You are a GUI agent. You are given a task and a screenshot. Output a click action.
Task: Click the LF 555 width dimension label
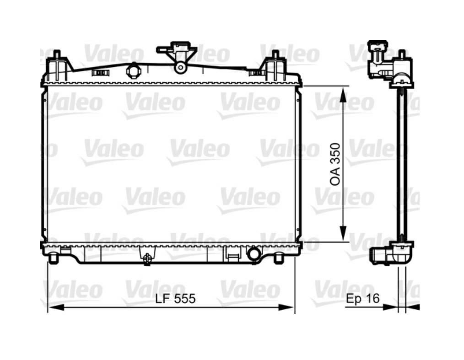click(175, 298)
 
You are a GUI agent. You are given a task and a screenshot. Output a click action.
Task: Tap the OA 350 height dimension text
click(335, 165)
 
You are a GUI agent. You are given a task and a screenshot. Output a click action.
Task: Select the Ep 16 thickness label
click(362, 298)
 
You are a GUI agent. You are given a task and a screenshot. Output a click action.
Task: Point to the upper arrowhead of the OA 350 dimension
click(343, 95)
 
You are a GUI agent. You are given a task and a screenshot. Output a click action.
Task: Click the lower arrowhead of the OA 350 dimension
click(343, 234)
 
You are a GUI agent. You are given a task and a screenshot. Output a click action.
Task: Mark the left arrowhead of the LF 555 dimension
click(56, 308)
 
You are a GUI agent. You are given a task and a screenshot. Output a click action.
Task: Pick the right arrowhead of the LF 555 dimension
click(286, 308)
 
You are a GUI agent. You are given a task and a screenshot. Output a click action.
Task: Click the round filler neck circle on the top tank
click(180, 67)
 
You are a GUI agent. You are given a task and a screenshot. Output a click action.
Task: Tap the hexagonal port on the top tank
click(134, 71)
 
